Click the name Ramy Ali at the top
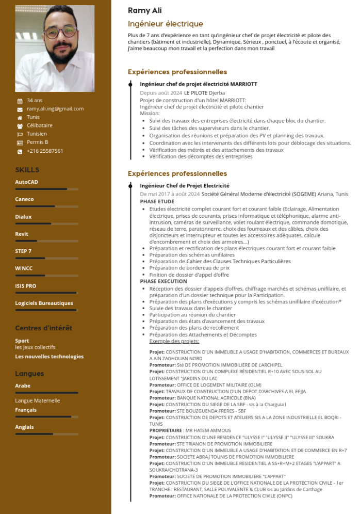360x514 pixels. coord(145,10)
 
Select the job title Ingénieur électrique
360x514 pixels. coord(165,24)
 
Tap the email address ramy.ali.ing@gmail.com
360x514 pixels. coord(55,109)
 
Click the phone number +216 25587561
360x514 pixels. coord(45,151)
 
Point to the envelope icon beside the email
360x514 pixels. coord(20,109)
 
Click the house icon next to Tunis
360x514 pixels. coord(20,118)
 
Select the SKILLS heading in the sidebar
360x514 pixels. coord(27,170)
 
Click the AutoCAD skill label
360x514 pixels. coord(26,182)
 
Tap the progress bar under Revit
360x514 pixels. coord(46,241)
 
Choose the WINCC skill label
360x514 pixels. coord(24,268)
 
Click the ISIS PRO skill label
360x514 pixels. coord(26,286)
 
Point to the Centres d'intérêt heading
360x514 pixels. coord(43,328)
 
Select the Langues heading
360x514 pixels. coord(29,374)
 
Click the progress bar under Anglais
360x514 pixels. coord(46,434)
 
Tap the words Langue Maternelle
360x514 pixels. coord(37,400)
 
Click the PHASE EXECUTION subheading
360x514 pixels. coord(163,281)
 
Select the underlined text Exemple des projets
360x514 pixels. coord(174,341)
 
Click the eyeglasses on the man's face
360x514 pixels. coord(60,33)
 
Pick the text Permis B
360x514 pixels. coord(37,142)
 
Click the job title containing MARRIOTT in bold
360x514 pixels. coord(199,84)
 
